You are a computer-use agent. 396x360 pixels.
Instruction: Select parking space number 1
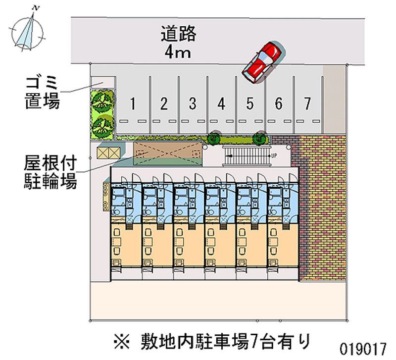tap(133, 104)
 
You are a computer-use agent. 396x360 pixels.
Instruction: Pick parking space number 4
tap(221, 104)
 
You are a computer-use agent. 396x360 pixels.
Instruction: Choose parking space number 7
tap(307, 104)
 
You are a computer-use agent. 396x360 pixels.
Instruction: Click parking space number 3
tap(193, 104)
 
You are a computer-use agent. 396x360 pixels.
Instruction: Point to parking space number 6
tap(279, 104)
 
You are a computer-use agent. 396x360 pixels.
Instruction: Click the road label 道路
tap(178, 34)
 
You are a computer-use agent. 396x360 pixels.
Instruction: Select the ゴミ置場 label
tap(43, 92)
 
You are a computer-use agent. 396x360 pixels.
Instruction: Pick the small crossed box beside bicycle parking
tap(108, 153)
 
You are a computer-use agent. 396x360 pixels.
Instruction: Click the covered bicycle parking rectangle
tap(168, 154)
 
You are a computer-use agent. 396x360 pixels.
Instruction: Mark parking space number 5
tap(250, 104)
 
